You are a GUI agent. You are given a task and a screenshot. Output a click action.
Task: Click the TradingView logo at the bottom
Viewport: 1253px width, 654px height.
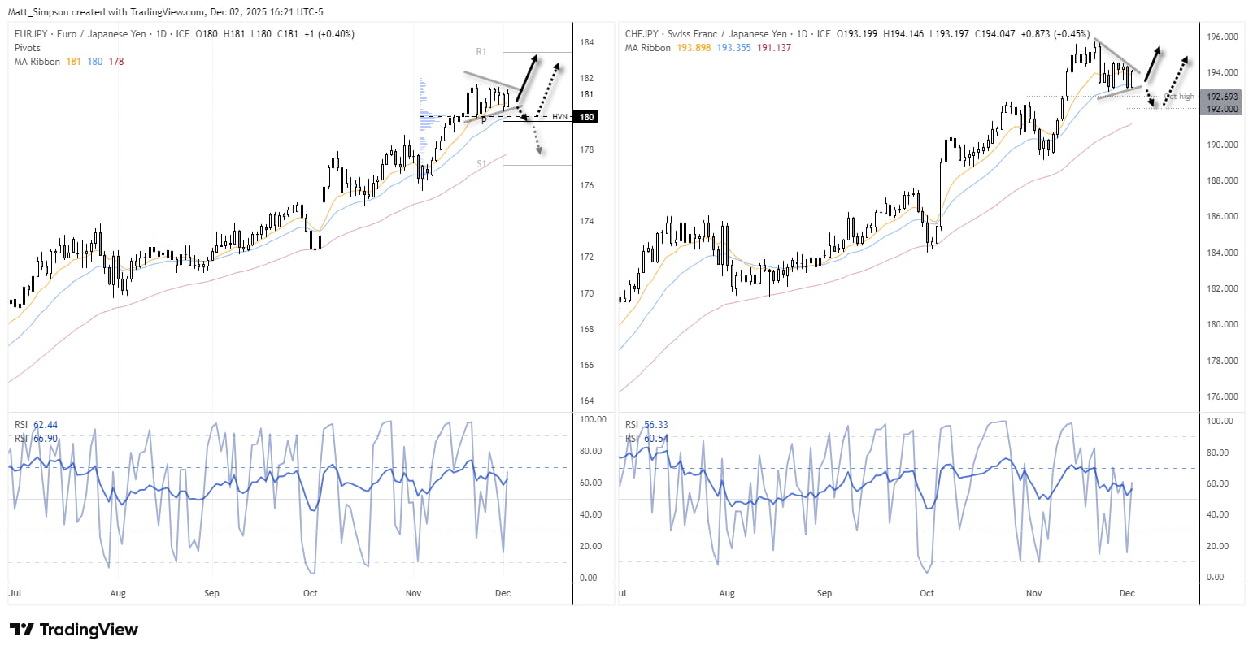[x=73, y=630]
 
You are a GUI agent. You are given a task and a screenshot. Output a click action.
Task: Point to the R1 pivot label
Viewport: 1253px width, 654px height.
[x=481, y=52]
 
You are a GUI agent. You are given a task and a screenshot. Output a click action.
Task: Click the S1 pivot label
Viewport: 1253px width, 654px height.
[x=481, y=164]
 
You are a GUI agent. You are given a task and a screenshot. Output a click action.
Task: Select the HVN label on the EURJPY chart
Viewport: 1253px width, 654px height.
[x=559, y=117]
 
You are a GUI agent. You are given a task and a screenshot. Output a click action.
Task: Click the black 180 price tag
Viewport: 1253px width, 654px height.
[x=586, y=117]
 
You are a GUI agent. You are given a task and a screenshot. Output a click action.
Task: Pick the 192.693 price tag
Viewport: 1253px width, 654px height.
[x=1222, y=97]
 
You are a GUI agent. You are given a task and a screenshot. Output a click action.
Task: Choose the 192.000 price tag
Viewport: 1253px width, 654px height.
[x=1222, y=109]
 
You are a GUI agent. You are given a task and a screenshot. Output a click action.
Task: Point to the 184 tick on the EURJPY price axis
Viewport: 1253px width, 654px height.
[x=586, y=42]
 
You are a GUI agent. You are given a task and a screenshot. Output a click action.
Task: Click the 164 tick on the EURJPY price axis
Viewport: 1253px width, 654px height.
[x=586, y=401]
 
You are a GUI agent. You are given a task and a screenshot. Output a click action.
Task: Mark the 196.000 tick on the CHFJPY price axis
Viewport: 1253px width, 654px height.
[x=1222, y=37]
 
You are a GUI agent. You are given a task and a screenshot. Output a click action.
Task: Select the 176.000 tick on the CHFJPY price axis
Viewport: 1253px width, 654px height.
[x=1222, y=396]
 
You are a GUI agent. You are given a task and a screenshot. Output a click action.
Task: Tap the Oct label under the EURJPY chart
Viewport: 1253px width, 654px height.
[x=310, y=593]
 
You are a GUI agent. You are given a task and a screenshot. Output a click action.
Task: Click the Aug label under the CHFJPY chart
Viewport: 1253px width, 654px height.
[x=727, y=593]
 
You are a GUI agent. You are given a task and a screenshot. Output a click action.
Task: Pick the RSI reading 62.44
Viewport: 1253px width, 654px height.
[x=46, y=425]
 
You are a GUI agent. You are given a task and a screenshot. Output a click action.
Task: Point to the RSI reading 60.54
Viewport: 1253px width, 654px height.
[x=656, y=439]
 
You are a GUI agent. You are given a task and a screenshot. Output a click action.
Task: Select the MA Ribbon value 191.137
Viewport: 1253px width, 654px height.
[x=774, y=48]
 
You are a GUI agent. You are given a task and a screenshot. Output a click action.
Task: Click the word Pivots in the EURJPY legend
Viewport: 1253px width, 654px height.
[x=28, y=48]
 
